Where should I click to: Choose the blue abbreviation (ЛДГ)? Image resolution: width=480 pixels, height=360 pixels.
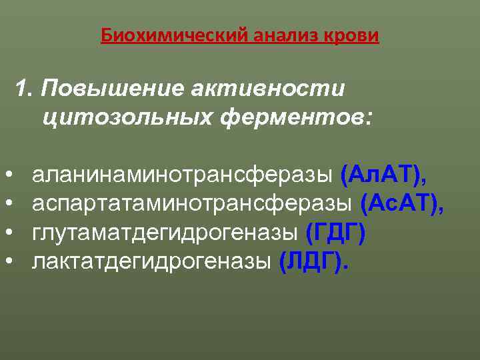(312, 261)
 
